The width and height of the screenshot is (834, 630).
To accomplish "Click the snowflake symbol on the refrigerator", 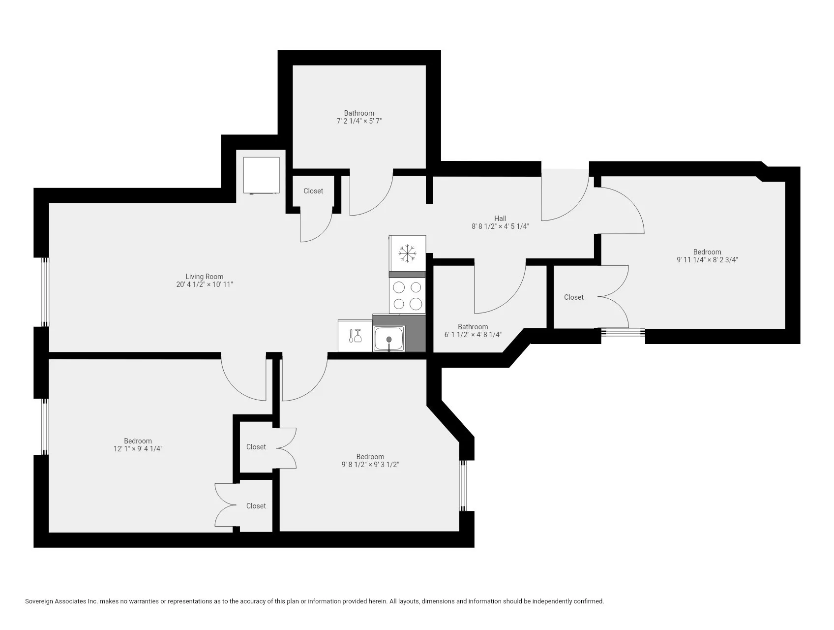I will click(x=407, y=253).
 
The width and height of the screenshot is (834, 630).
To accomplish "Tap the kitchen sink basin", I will click(x=389, y=339).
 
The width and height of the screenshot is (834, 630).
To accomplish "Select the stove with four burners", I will click(x=407, y=295).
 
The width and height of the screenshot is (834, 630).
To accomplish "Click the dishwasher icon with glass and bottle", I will click(x=355, y=336).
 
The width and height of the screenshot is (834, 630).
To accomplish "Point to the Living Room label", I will click(x=204, y=277).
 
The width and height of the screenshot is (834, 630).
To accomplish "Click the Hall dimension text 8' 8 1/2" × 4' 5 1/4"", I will click(x=500, y=226).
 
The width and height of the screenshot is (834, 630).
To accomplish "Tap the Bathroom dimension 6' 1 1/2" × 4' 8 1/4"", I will click(x=473, y=335).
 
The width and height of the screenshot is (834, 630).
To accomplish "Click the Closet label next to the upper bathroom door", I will click(x=313, y=191).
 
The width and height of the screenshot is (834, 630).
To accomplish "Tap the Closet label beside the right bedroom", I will click(x=573, y=297).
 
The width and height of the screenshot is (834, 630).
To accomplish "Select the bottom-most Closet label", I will click(x=256, y=506).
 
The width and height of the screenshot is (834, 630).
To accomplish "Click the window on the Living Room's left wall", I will click(x=45, y=292).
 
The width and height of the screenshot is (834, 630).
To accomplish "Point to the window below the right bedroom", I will click(x=623, y=333).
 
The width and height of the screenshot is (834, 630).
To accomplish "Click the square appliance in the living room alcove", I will click(x=261, y=175).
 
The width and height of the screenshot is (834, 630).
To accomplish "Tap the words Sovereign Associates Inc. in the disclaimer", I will click(x=61, y=601).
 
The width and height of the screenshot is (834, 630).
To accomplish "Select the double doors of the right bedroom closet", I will click(x=614, y=297).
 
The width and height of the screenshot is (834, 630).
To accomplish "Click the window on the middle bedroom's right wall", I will click(x=463, y=486).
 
